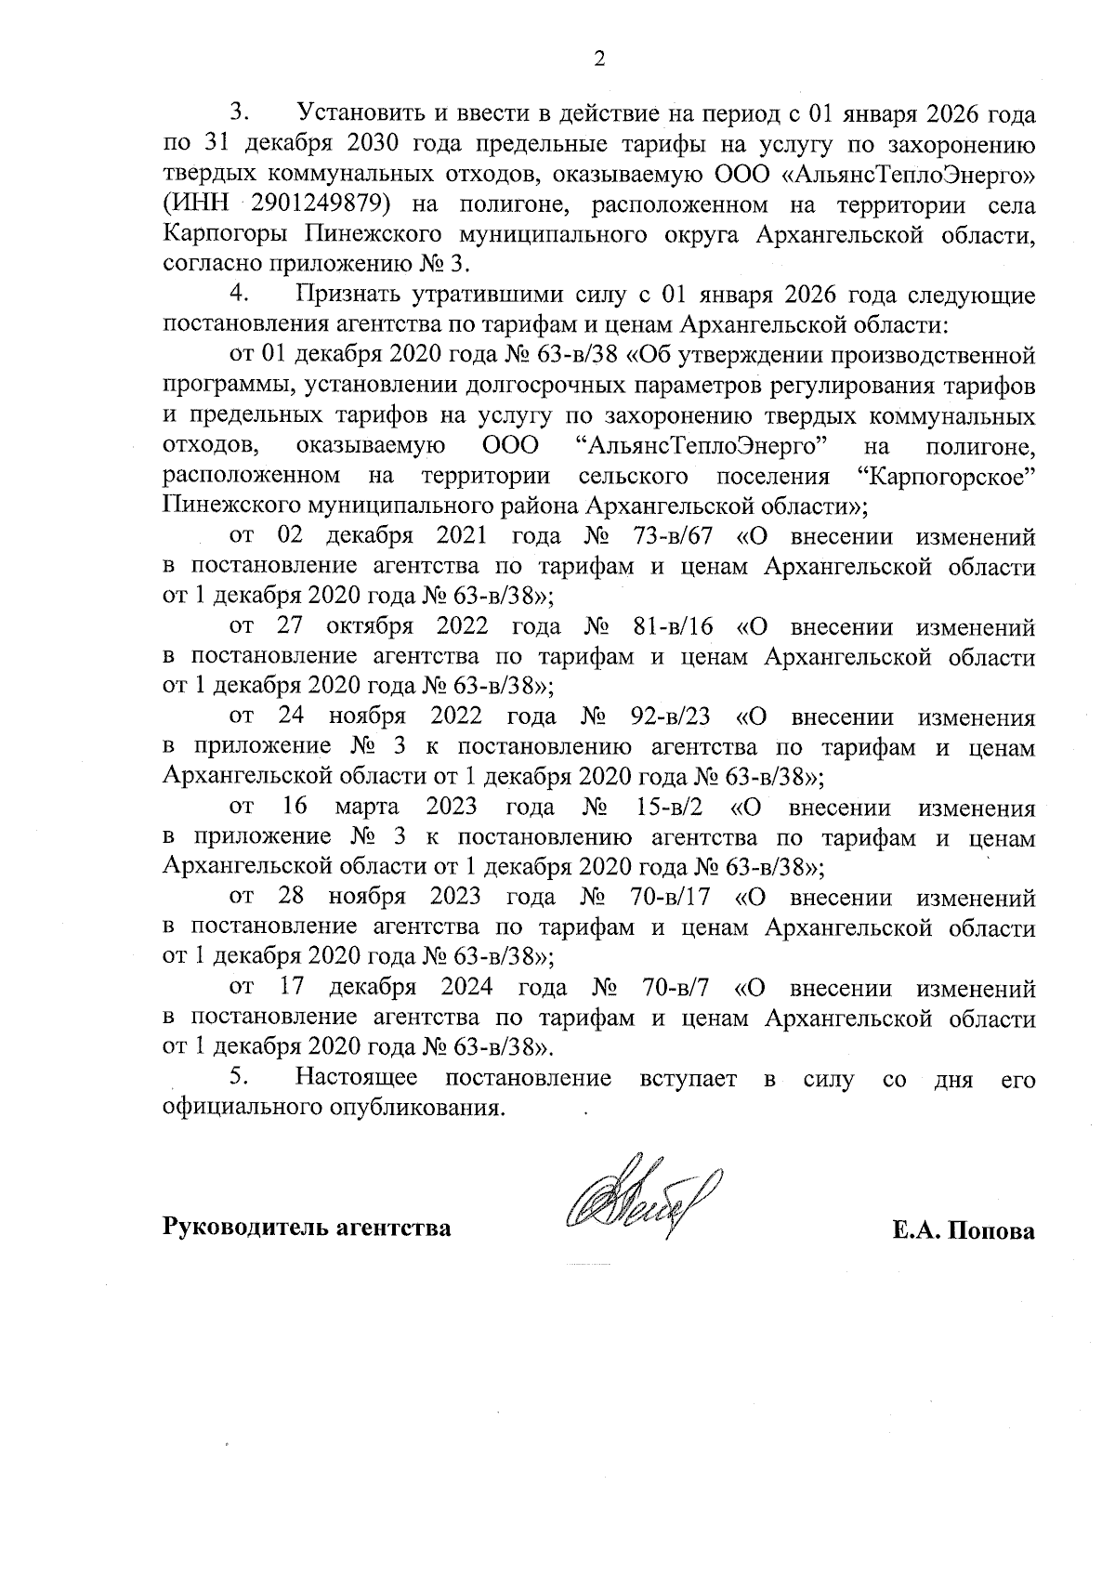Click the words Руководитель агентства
click(x=308, y=1229)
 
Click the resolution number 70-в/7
click(x=677, y=987)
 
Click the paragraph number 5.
click(x=240, y=1077)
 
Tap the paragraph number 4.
click(x=240, y=295)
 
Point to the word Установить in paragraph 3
click(x=359, y=114)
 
